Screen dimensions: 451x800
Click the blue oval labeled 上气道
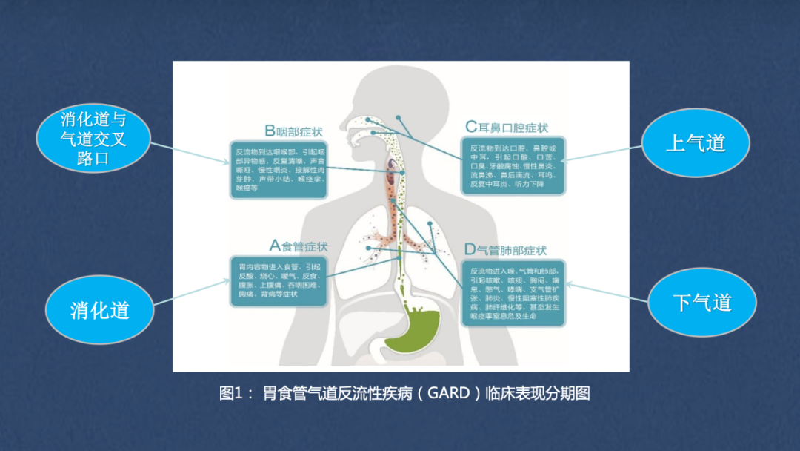[x=695, y=142]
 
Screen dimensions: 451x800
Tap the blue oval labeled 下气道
[x=702, y=303]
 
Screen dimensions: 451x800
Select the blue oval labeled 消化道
[x=100, y=310]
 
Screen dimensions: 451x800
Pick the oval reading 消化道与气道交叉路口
[x=93, y=139]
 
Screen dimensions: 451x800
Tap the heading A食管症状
[x=298, y=246]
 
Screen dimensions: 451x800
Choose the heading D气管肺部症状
[x=506, y=250]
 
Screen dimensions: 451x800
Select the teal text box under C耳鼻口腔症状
[x=513, y=165]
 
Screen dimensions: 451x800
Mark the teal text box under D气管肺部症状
[x=513, y=292]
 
